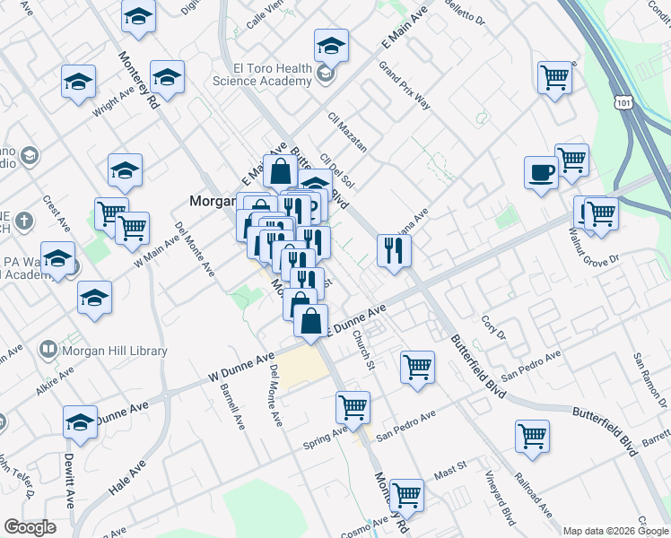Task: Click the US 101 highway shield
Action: point(623,102)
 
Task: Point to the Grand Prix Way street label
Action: point(404,86)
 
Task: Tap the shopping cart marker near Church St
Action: point(417,367)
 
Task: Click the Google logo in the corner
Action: point(29,527)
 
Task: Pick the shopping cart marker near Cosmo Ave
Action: point(407,493)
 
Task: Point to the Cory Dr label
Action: point(494,327)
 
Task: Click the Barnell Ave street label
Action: point(231,404)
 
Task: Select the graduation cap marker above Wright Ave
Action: point(79,82)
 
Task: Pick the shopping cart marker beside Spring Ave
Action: point(353,407)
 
